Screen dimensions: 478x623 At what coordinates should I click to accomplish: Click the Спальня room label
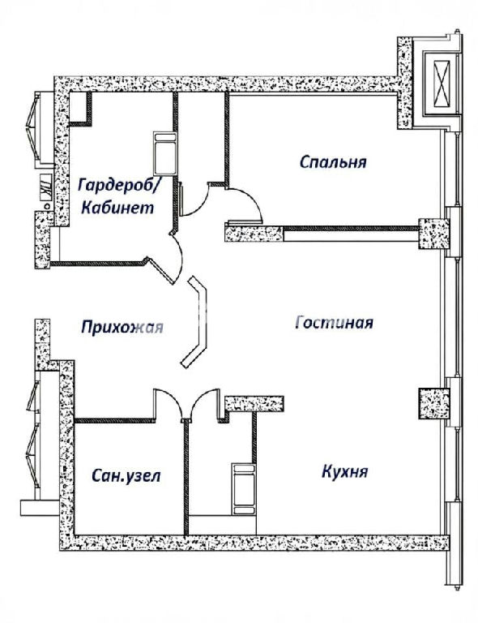(333, 161)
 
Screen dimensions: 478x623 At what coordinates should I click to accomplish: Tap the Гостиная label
(334, 322)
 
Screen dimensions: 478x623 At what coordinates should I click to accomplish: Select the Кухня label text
(344, 471)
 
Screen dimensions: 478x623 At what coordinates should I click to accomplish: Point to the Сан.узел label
(126, 475)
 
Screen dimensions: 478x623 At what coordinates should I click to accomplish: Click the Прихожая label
(122, 327)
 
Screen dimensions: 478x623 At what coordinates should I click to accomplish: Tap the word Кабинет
(117, 207)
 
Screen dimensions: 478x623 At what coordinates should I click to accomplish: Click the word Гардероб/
(119, 185)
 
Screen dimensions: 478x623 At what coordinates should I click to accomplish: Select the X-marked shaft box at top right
(442, 84)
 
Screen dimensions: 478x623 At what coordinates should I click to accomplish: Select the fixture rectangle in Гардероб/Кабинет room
(165, 154)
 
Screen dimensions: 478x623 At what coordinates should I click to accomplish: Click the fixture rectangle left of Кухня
(243, 489)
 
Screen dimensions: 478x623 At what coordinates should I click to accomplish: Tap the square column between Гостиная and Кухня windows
(434, 403)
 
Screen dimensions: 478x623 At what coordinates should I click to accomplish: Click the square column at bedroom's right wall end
(434, 234)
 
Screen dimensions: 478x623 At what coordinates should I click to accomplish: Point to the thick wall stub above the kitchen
(254, 403)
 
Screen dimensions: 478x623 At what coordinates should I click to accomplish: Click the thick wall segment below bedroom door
(254, 233)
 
